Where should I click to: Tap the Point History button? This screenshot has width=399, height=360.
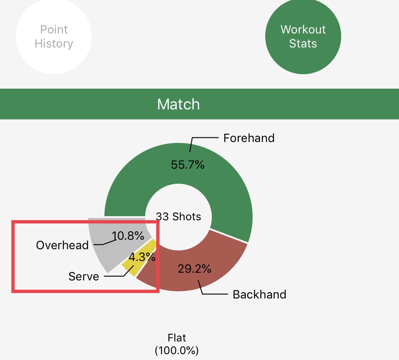coord(54,37)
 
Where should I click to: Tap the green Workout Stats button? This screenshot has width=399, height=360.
coord(303,37)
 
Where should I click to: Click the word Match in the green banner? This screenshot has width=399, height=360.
coord(178,104)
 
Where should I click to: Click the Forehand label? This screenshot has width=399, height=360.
coord(249,138)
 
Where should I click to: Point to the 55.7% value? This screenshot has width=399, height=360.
coord(188,165)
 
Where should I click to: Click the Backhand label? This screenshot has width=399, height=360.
coord(259,294)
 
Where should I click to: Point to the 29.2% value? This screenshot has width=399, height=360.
coord(194,269)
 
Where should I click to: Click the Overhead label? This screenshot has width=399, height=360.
coord(62,245)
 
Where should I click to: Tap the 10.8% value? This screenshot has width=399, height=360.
coord(128,236)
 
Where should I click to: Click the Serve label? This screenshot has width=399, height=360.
coord(84,276)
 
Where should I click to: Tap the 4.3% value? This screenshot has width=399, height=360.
coord(142,257)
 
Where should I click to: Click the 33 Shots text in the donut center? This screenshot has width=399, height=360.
coord(178,217)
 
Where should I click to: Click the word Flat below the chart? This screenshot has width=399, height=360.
coord(177,338)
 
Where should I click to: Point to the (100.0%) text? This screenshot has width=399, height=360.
coord(177,351)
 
